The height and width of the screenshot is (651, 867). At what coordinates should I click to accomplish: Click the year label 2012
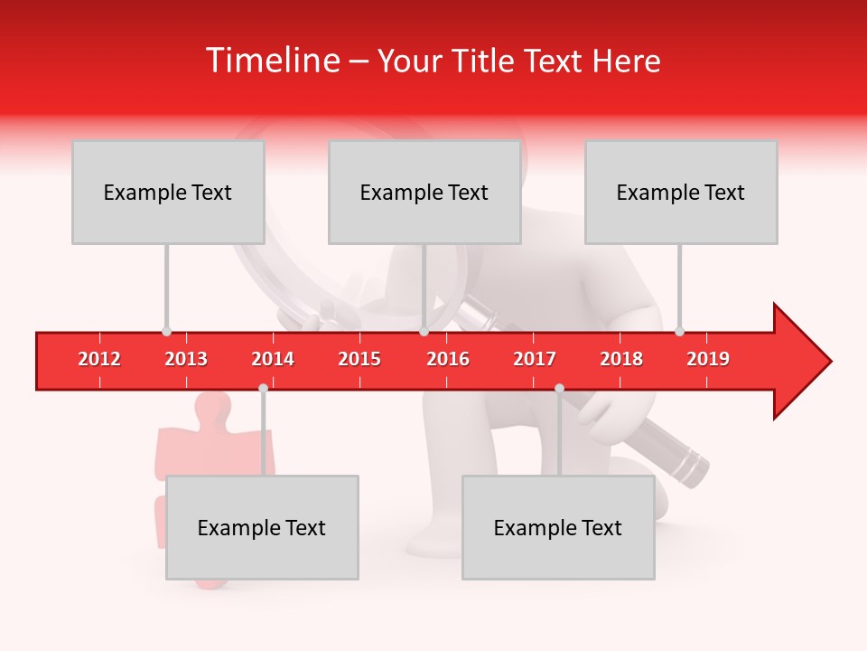pos(99,359)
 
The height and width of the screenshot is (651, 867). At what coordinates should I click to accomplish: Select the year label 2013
pos(186,359)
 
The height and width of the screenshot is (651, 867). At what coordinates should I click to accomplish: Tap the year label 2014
pos(273,359)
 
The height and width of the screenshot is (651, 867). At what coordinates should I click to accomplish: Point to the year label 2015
pos(359,359)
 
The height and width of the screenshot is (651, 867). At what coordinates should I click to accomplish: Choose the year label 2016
pos(448,359)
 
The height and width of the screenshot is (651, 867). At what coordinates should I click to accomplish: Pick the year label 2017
pos(535,359)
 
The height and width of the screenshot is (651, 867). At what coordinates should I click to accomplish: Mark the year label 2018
pos(621,359)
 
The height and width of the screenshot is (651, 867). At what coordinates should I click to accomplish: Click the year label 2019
pos(708,359)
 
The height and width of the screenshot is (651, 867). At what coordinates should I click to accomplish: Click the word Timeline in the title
pos(271,61)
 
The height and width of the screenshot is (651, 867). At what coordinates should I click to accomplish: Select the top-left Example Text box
pos(168,192)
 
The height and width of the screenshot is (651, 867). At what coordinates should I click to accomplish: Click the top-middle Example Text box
pos(424,192)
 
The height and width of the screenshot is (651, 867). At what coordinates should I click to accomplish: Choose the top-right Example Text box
pos(681,192)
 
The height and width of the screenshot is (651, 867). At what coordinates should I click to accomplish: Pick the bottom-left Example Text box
pos(262,527)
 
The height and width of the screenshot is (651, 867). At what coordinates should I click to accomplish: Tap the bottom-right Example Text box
pos(558,527)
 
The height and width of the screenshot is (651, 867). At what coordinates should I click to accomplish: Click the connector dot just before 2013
pos(166,332)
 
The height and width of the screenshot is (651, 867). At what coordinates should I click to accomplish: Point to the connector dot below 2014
pos(263,388)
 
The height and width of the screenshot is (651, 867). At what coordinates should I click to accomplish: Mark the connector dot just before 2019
pos(679,332)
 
